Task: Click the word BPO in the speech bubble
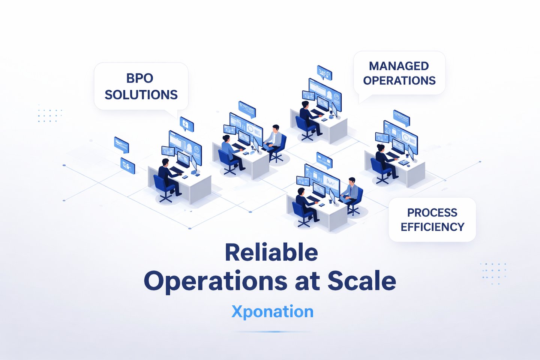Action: (139, 78)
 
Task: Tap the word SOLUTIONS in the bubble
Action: (141, 95)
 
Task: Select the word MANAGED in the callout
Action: (399, 66)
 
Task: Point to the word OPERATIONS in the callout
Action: (399, 81)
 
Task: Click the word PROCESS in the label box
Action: (432, 213)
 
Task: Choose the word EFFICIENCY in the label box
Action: (432, 227)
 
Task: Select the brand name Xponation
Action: (272, 312)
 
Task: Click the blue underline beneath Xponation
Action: (272, 331)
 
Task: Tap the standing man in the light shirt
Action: (274, 138)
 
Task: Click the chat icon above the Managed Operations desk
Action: (324, 72)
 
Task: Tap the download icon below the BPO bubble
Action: (186, 124)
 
